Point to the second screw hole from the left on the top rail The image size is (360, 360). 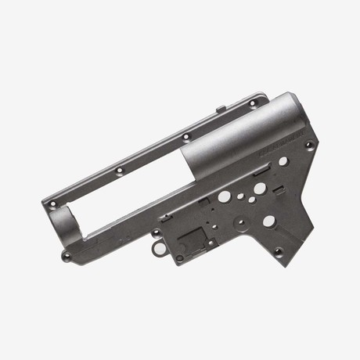coord(119,170)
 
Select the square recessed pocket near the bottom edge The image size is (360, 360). coord(192,236)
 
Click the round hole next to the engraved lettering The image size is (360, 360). coord(283,160)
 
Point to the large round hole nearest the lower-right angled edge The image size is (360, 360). coord(268,221)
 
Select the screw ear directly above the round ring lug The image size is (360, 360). coord(156,232)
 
